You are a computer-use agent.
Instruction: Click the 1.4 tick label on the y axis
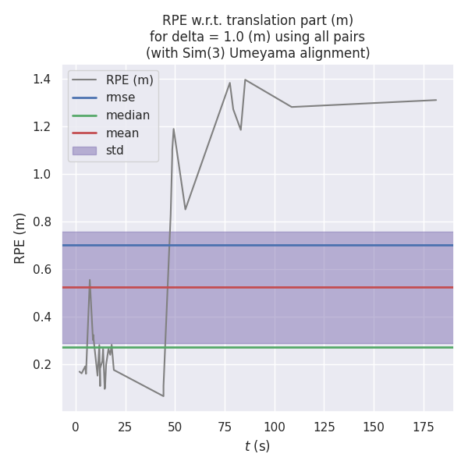tap(41, 79)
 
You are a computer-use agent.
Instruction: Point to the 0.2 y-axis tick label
tap(41, 364)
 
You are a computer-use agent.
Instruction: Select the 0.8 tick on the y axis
tap(41, 222)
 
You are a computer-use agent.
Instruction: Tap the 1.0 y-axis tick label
tap(41, 174)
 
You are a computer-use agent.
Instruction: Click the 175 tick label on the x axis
tap(424, 427)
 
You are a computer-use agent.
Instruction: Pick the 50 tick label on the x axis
tap(175, 427)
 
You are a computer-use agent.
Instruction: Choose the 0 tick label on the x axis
tap(76, 427)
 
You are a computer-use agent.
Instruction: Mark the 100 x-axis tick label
tap(275, 427)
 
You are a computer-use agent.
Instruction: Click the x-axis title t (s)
tap(257, 446)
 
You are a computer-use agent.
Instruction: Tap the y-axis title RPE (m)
tap(20, 238)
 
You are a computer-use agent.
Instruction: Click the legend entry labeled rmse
tap(120, 97)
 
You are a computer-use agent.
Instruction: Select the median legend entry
tap(128, 115)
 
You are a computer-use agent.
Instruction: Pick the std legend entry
tap(115, 151)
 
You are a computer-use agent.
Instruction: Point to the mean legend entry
tap(122, 133)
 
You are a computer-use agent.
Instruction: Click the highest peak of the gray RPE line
tap(245, 80)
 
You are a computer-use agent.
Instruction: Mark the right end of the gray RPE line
tap(436, 100)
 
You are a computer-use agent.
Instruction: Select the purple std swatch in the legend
tap(84, 151)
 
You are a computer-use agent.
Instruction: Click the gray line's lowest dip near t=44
tap(163, 396)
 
